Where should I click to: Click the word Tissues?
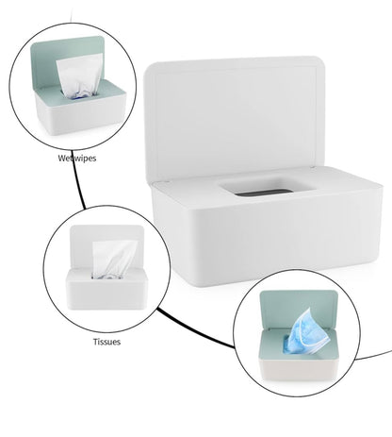[106, 341]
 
